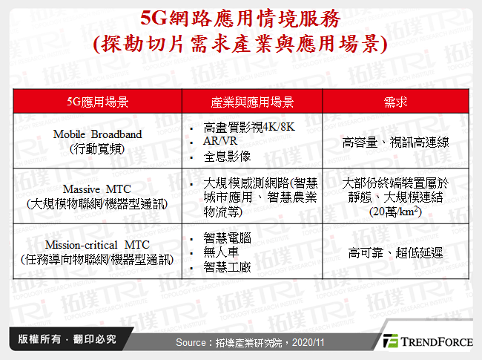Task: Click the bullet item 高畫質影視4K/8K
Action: pos(248,128)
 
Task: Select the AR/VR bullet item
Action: pos(219,142)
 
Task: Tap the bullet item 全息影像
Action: pos(227,157)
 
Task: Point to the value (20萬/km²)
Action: pos(396,211)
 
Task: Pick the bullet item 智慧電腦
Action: pos(227,238)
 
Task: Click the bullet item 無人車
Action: pos(222,253)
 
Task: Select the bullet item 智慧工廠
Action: pos(227,268)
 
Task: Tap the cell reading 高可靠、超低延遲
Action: pos(396,253)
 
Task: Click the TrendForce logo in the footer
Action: pos(428,341)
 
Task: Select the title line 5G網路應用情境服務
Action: pos(242,17)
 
